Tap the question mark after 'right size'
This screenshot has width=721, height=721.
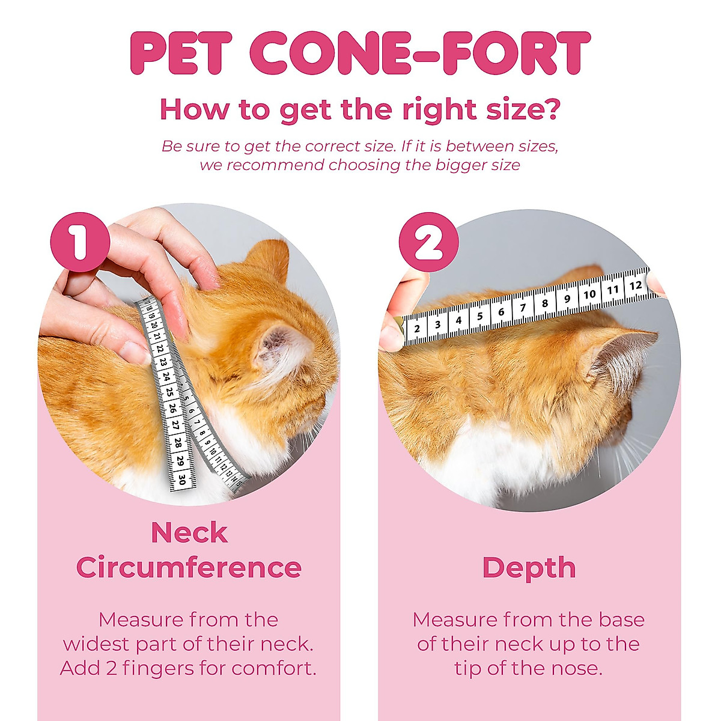(x=550, y=109)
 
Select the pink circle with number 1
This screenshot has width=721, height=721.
(x=80, y=242)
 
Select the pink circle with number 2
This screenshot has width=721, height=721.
(x=428, y=242)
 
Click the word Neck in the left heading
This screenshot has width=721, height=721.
(x=189, y=532)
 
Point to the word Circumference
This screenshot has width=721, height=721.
(x=189, y=568)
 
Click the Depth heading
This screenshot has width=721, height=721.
(x=529, y=568)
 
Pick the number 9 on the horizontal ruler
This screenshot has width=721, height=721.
(x=567, y=299)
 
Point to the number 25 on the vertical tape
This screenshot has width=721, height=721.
(x=170, y=392)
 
